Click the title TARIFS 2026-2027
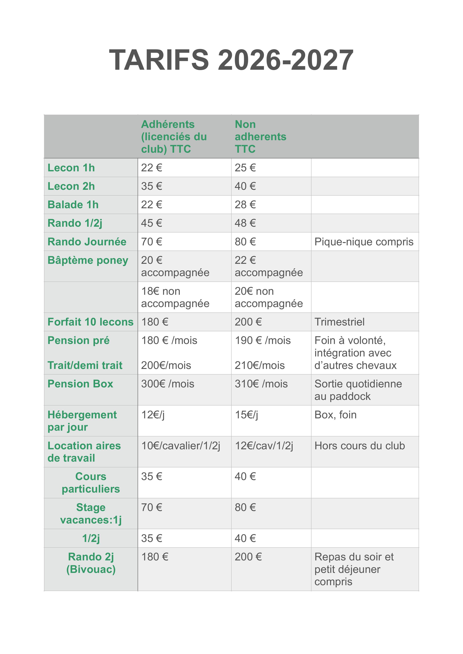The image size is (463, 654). click(231, 60)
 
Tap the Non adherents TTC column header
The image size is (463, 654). click(260, 136)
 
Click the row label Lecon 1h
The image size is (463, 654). click(71, 168)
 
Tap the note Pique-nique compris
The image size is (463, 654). click(364, 242)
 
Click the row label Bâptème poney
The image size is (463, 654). click(88, 260)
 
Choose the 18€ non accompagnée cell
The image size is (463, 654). click(175, 297)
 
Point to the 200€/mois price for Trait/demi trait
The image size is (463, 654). click(166, 365)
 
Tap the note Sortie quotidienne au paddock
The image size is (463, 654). click(358, 390)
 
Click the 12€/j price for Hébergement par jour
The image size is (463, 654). click(153, 415)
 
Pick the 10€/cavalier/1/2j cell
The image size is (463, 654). click(181, 446)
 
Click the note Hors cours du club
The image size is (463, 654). click(359, 446)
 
